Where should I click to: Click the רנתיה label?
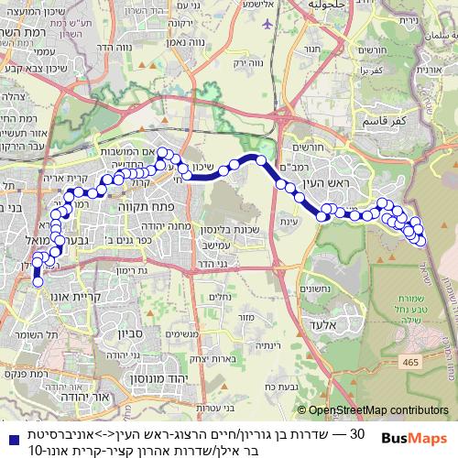click(x=256, y=344)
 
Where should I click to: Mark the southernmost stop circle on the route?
click(x=38, y=282)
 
